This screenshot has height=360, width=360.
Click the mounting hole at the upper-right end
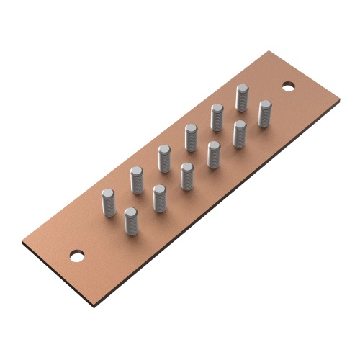click(x=289, y=86)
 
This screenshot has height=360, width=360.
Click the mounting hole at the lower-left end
click(x=76, y=255)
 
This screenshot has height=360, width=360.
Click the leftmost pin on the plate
click(x=108, y=202)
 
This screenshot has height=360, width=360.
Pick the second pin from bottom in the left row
click(x=137, y=180)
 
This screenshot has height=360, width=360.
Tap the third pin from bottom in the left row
click(x=164, y=158)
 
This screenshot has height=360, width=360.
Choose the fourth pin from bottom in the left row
click(x=191, y=138)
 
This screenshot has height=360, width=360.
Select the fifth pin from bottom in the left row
click(x=217, y=117)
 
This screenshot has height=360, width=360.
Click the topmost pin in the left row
click(x=243, y=98)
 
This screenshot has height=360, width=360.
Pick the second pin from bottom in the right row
click(x=159, y=198)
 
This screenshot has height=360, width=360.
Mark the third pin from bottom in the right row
click(x=186, y=176)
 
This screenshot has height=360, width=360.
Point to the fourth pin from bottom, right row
click(x=213, y=154)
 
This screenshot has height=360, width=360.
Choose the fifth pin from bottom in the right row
click(x=239, y=133)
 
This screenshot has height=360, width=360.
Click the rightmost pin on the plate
click(x=265, y=113)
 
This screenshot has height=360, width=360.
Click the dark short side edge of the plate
click(x=58, y=277)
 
